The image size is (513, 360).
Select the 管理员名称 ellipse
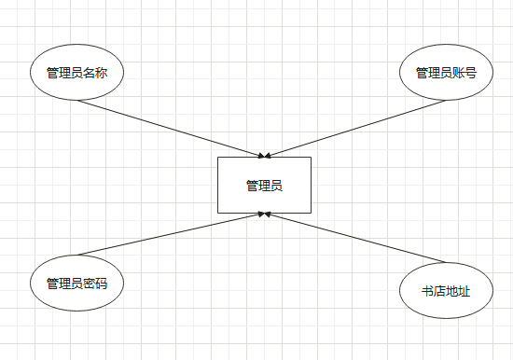[77, 72]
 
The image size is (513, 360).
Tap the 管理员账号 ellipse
[446, 72]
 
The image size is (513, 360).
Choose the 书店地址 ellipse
[446, 291]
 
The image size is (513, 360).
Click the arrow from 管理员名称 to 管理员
[177, 127]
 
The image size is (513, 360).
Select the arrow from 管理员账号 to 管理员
[354, 128]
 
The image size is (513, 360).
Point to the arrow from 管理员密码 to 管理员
[173, 234]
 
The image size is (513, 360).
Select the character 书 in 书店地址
[428, 292]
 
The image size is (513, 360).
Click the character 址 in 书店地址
[464, 292]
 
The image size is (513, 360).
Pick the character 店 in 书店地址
[440, 292]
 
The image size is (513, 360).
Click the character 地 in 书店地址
[452, 292]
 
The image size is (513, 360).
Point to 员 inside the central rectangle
[276, 186]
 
